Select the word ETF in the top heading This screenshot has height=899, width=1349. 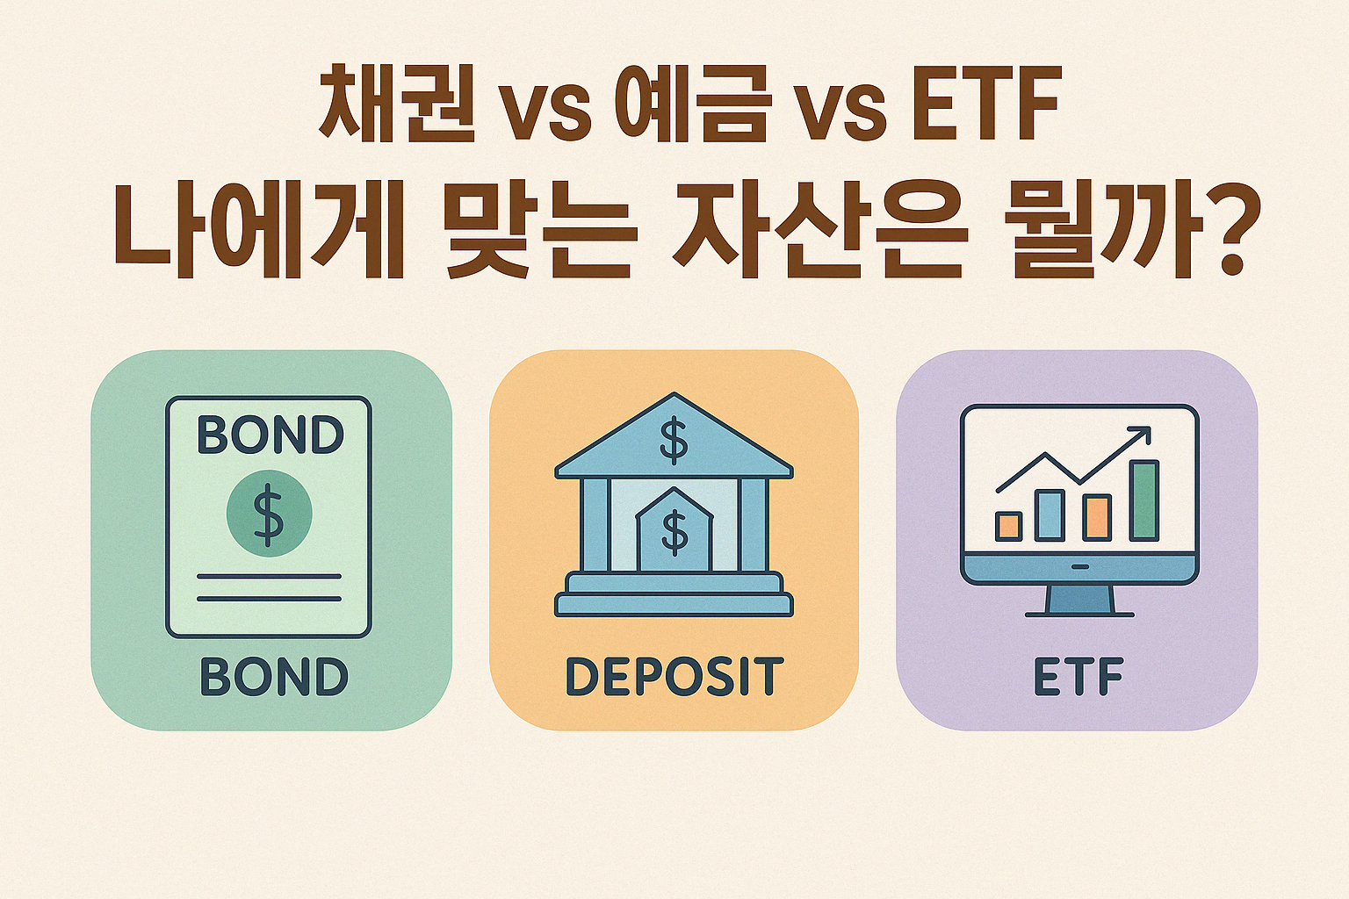click(986, 103)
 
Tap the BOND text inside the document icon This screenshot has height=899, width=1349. click(271, 435)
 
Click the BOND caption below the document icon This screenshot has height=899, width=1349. click(274, 676)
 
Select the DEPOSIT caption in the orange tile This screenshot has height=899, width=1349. click(674, 677)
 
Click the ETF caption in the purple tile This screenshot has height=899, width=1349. click(1078, 677)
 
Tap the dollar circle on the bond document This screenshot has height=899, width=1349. click(270, 513)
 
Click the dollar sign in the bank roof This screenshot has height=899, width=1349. click(674, 442)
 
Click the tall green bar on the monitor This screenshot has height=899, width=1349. click(1143, 500)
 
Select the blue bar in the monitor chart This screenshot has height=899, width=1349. click(1050, 514)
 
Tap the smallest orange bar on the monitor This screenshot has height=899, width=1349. click(1009, 526)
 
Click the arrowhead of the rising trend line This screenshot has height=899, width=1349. click(1141, 435)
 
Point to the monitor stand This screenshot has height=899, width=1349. click(1079, 601)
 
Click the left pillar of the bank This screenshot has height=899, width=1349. click(595, 524)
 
